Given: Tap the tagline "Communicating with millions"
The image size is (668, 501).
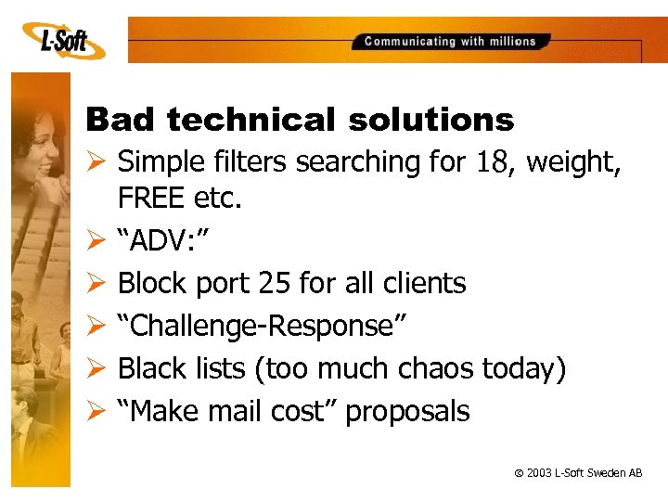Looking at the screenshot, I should (x=450, y=42).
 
